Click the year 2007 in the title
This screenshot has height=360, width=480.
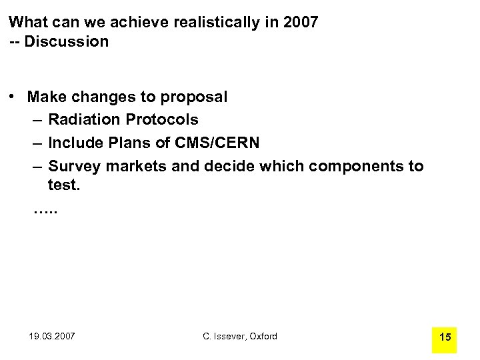pyautogui.click(x=301, y=22)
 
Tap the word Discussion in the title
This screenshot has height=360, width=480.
pyautogui.click(x=67, y=41)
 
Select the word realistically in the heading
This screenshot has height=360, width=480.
pyautogui.click(x=215, y=22)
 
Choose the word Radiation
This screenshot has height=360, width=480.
pyautogui.click(x=83, y=120)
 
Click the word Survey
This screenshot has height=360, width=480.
pyautogui.click(x=71, y=166)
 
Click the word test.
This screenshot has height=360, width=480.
pyautogui.click(x=63, y=185)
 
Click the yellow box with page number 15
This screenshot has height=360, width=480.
pyautogui.click(x=445, y=337)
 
